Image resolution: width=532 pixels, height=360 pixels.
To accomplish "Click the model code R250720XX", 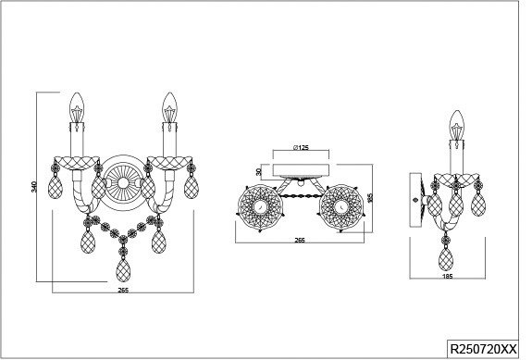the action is click(x=483, y=349).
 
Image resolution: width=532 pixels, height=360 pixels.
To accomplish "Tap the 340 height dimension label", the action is click(x=34, y=187).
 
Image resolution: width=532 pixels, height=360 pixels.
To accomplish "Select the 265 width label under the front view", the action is click(x=123, y=290).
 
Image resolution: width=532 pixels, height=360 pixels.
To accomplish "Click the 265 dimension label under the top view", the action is click(x=300, y=241).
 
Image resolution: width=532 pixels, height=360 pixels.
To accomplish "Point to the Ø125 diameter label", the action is click(x=301, y=147).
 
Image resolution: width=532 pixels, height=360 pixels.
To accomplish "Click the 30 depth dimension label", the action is click(x=259, y=172).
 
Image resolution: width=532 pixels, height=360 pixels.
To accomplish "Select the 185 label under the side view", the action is click(x=448, y=276).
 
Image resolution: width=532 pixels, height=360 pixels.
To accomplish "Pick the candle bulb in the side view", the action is click(x=457, y=125).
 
